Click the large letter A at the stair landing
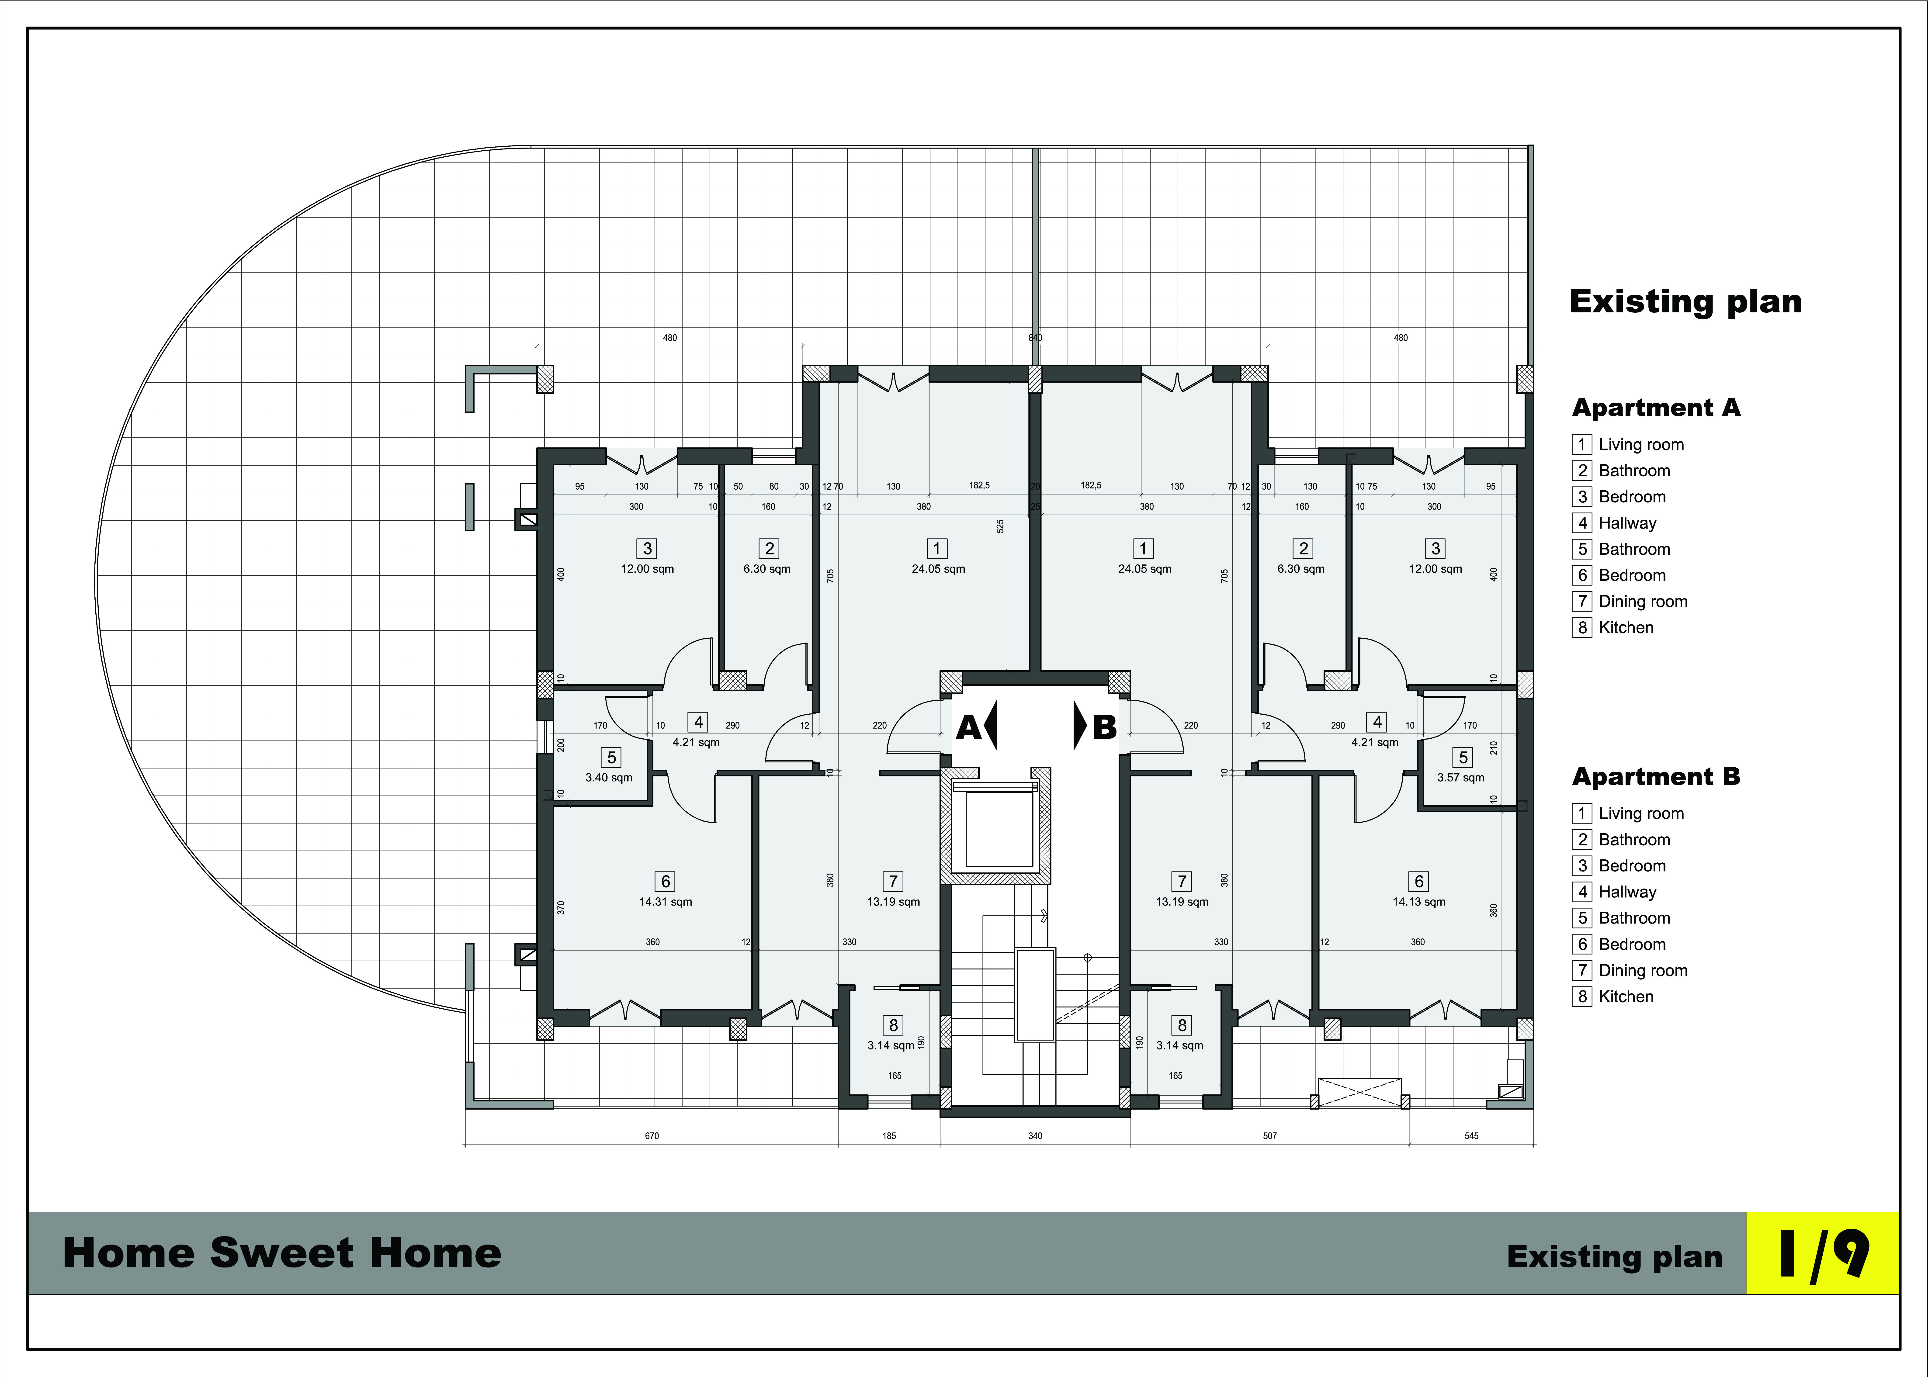click(968, 727)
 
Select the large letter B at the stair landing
click(1105, 727)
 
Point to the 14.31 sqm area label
click(666, 902)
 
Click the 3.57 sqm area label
click(1461, 778)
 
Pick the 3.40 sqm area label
click(609, 778)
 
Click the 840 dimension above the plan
click(1035, 337)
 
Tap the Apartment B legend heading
click(1656, 777)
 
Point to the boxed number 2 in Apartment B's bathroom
click(1304, 549)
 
